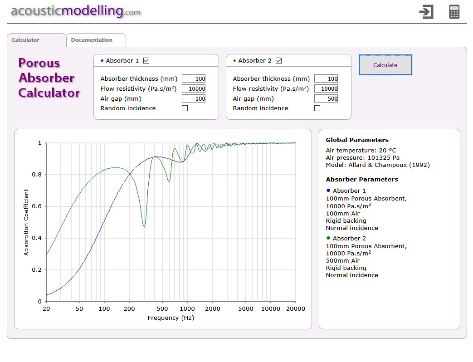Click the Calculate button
(385, 65)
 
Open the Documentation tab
(92, 40)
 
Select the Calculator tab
(25, 40)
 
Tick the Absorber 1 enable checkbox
(146, 61)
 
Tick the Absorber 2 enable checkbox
(278, 61)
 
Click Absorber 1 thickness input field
(194, 79)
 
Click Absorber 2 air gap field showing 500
(326, 99)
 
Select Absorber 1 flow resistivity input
(194, 89)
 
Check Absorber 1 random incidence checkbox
(185, 108)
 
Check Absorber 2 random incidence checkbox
(317, 108)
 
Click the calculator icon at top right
(454, 12)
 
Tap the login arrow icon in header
(426, 12)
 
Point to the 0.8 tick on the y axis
(39, 175)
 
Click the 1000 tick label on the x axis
(187, 309)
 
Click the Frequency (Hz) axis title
(171, 318)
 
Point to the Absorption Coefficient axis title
(26, 222)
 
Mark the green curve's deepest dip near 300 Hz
(144, 226)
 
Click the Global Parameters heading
(357, 140)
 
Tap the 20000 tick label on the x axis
(295, 309)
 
